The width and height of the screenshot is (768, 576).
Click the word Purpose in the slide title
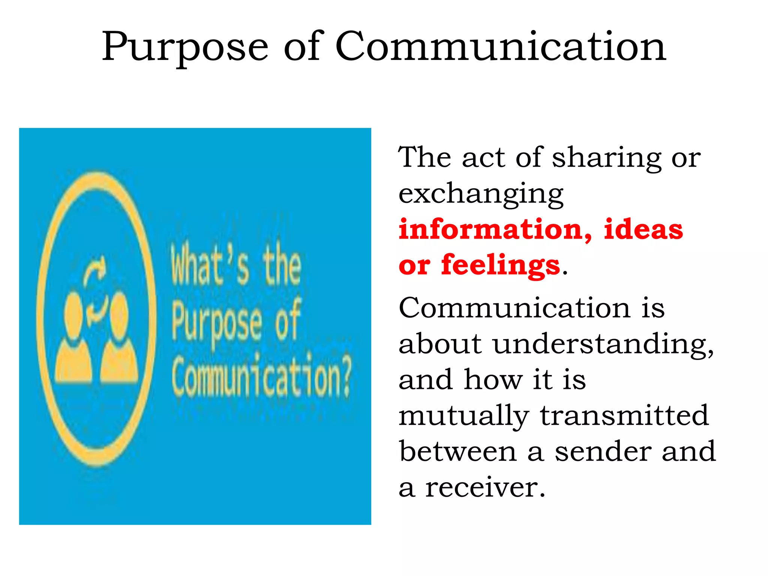click(x=185, y=48)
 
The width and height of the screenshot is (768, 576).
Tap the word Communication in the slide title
click(x=500, y=46)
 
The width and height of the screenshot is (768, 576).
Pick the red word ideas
click(x=643, y=229)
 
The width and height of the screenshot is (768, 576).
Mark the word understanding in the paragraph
click(x=603, y=343)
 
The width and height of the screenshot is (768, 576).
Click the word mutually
click(x=463, y=416)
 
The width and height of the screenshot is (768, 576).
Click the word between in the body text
click(x=458, y=451)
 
